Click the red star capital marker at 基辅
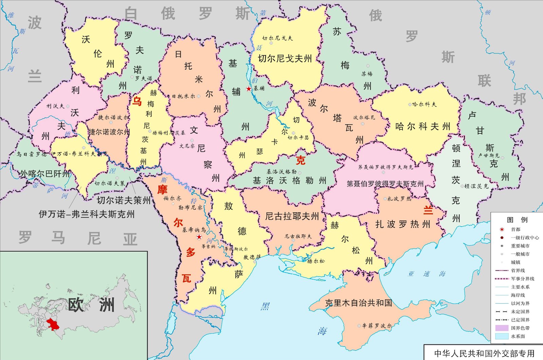[x=249, y=89]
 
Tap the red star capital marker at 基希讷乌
[x=199, y=237]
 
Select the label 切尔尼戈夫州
[x=285, y=59]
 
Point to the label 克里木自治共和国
[x=358, y=303]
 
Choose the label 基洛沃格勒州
[x=289, y=181]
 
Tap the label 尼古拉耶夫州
[x=292, y=216]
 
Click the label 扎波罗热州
[x=403, y=224]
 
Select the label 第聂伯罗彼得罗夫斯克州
[x=385, y=184]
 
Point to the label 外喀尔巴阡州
[x=44, y=174]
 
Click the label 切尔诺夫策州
[x=124, y=200]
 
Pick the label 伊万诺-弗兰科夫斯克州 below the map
[x=87, y=214]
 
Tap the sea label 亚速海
[x=427, y=274]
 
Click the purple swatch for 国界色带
[x=502, y=328]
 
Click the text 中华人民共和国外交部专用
[x=484, y=354]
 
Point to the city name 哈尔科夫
[x=425, y=105]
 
